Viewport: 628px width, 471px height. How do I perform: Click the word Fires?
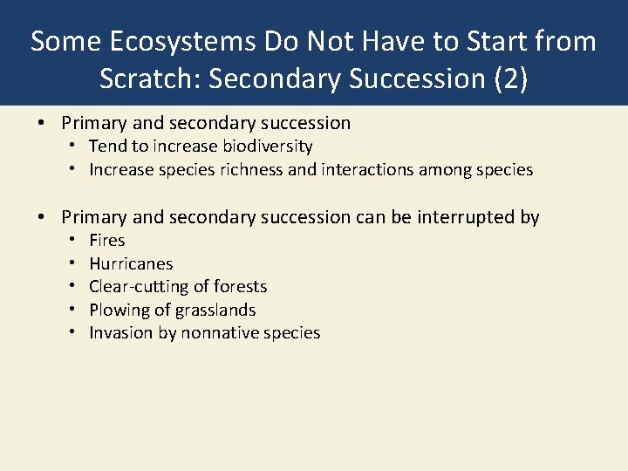coord(107,240)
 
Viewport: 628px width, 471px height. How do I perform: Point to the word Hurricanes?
coord(131,263)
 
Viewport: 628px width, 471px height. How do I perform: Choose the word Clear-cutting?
coord(140,286)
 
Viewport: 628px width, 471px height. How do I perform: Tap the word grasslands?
coord(215,310)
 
